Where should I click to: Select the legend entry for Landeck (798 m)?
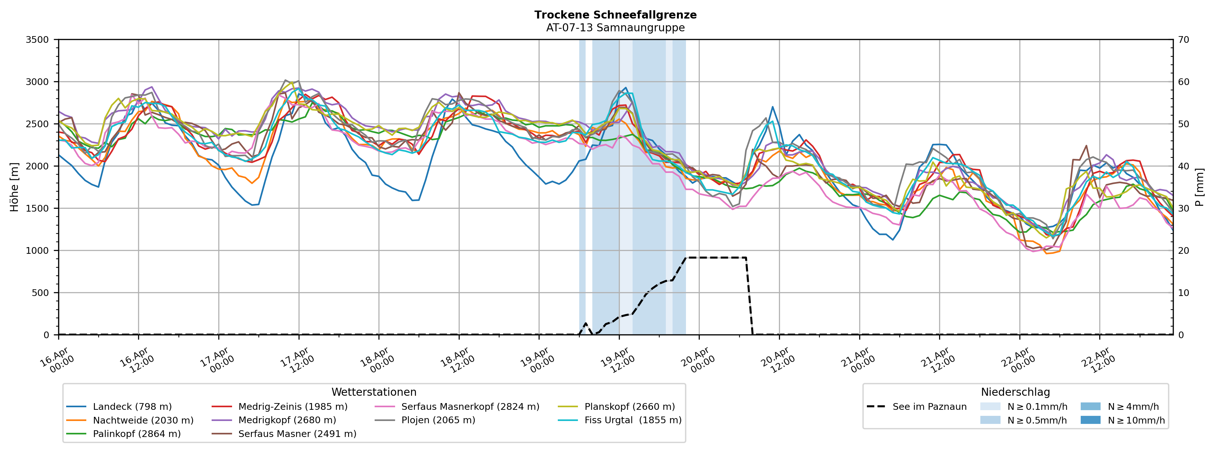click(132, 407)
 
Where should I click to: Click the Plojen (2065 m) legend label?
click(438, 420)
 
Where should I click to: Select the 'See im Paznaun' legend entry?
click(929, 407)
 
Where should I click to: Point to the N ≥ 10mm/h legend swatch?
click(1090, 420)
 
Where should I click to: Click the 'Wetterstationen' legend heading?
click(374, 392)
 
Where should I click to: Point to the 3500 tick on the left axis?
click(37, 40)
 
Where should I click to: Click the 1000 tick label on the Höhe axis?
click(37, 251)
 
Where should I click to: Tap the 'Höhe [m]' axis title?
click(15, 187)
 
